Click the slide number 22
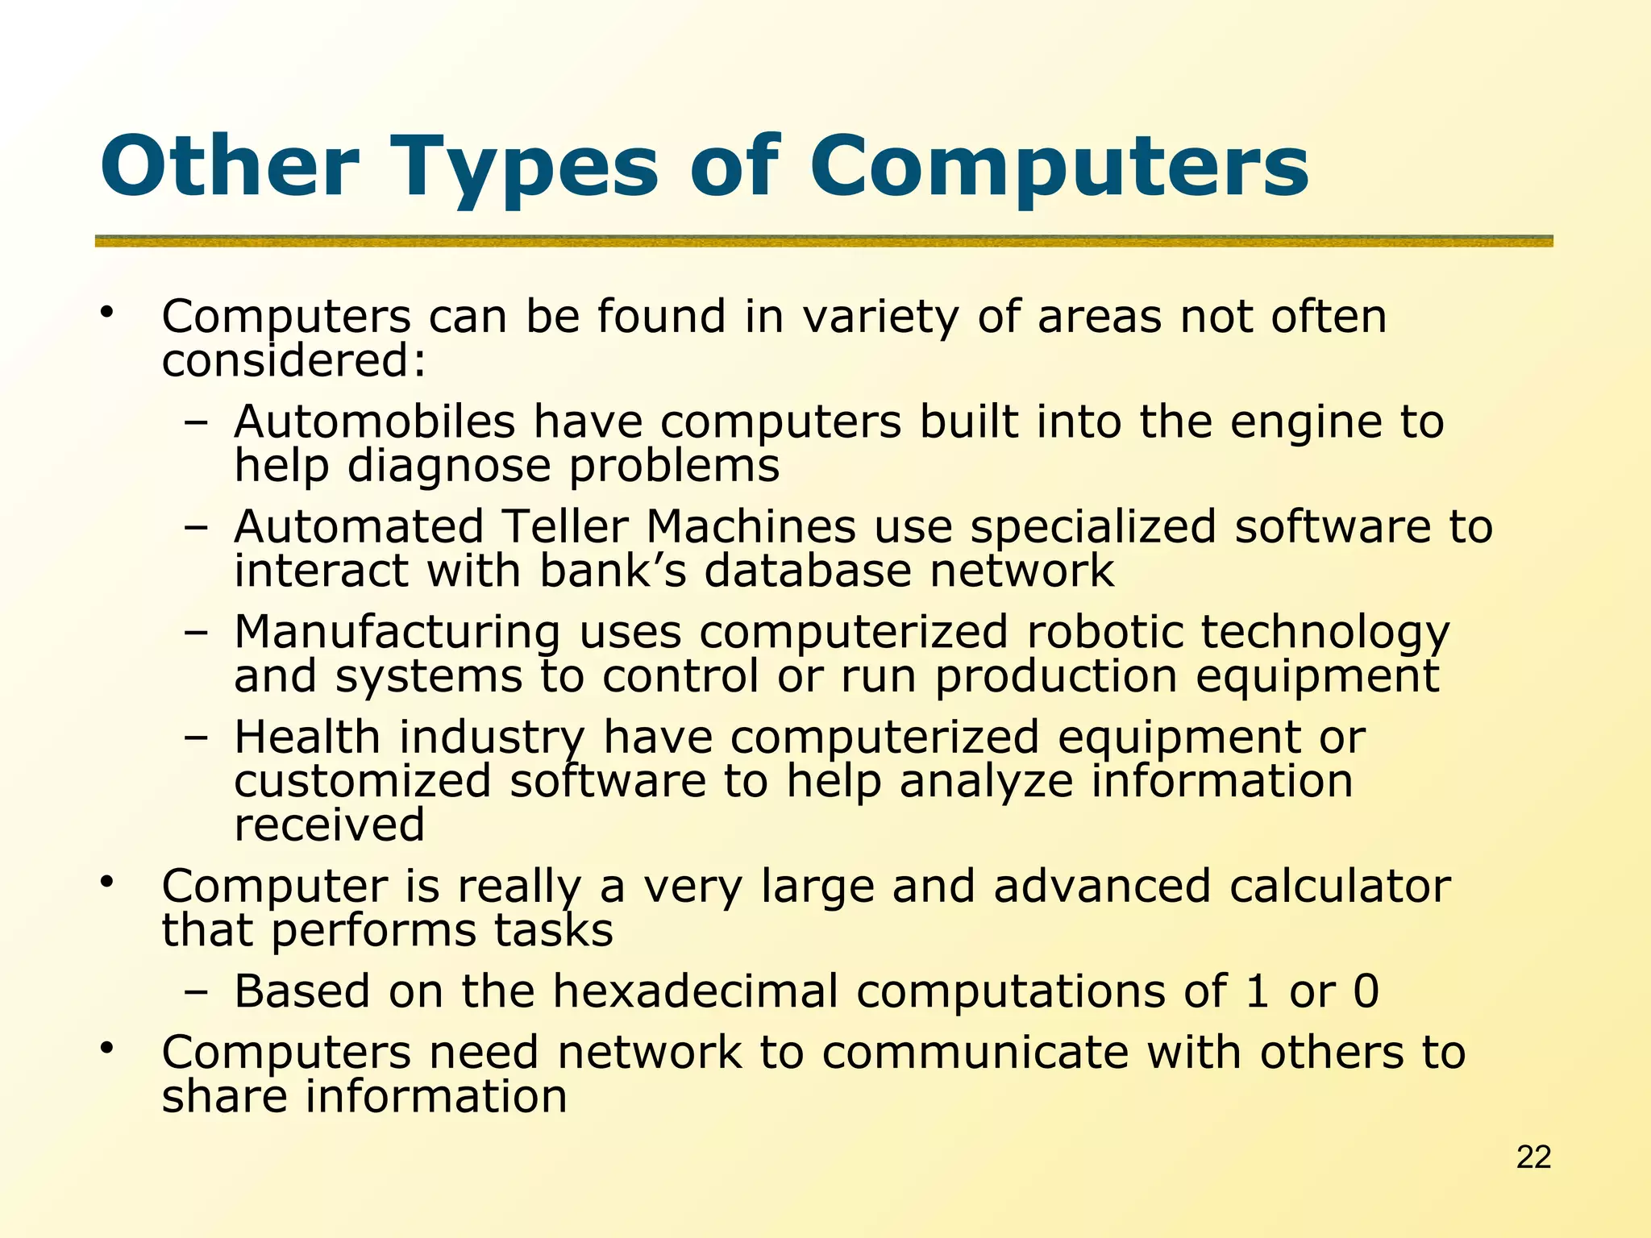coord(1533,1157)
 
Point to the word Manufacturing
coord(397,632)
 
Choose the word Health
coord(307,737)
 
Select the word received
coord(329,825)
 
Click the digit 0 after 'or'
coord(1366,991)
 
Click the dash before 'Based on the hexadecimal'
coord(195,993)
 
